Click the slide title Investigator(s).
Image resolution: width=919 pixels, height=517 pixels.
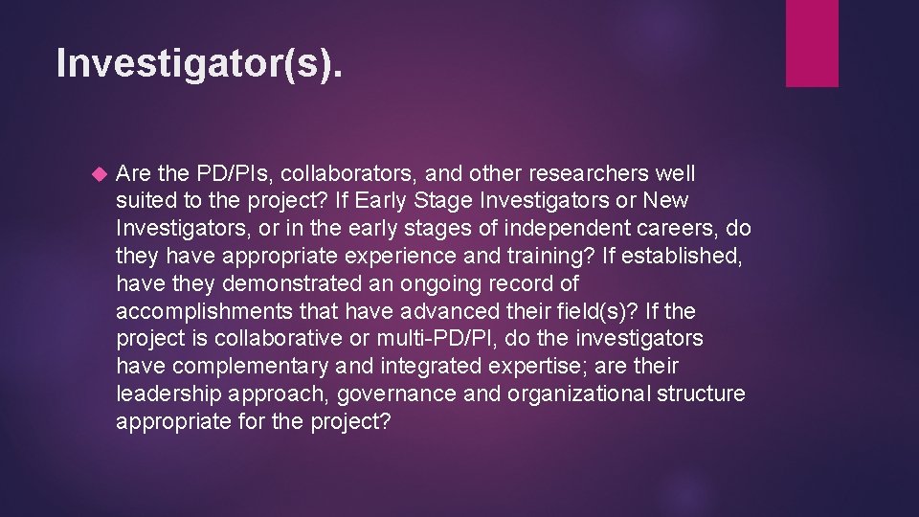pyautogui.click(x=198, y=63)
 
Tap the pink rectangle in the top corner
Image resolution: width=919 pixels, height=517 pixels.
pyautogui.click(x=811, y=43)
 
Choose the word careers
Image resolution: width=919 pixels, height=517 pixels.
pyautogui.click(x=663, y=230)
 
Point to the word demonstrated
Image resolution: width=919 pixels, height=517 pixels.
pyautogui.click(x=308, y=284)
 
